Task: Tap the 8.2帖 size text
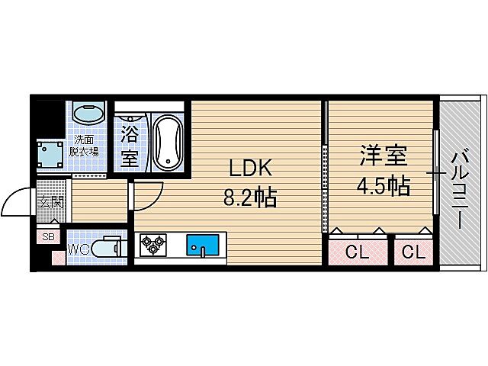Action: [x=249, y=198]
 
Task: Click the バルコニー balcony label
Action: [x=459, y=187]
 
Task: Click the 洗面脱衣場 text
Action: [x=85, y=146]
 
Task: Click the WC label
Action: [x=79, y=249]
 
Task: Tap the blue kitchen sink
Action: [x=202, y=246]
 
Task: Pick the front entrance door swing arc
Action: [x=17, y=202]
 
